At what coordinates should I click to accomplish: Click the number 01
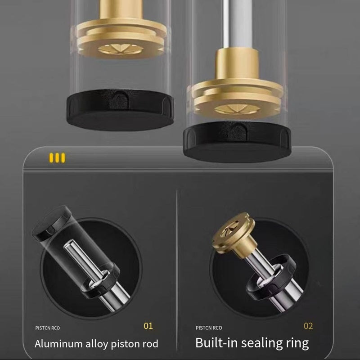tap(148, 326)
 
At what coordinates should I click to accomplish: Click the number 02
tap(308, 326)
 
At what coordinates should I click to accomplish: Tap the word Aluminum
tap(58, 344)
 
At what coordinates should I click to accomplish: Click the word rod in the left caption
tap(150, 344)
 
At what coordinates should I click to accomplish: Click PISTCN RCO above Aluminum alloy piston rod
tap(48, 328)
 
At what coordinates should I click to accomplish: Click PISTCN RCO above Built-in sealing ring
tap(209, 328)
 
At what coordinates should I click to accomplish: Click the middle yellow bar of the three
tap(57, 158)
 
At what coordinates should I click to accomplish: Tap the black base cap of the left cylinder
tap(120, 110)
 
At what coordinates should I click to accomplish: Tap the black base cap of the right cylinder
tap(237, 142)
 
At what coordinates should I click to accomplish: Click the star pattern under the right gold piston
tap(237, 109)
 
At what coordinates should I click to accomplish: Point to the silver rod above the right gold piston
tap(237, 24)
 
